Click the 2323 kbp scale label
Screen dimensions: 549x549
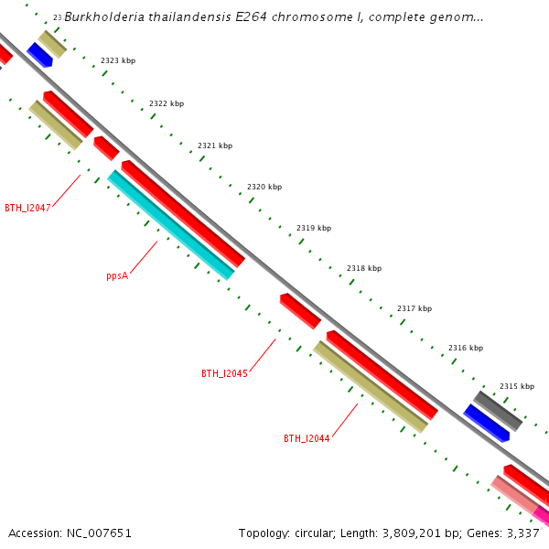tap(118, 60)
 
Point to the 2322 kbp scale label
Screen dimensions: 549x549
tap(167, 103)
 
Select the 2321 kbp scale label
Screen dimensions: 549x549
tap(215, 145)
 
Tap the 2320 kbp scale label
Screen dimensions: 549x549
tap(264, 187)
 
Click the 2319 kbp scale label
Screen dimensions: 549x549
tap(314, 228)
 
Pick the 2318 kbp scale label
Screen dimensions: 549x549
tap(364, 268)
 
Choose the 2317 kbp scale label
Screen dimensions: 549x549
tap(414, 308)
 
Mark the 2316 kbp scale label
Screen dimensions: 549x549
tap(466, 348)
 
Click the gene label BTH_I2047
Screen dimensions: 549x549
tap(27, 208)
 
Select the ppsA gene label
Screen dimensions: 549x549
tap(117, 275)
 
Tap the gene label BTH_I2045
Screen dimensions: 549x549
tap(224, 373)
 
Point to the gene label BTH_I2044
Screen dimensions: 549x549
tap(307, 438)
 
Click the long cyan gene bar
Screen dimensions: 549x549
tap(170, 224)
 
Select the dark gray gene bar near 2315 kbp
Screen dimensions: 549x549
tap(498, 411)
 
